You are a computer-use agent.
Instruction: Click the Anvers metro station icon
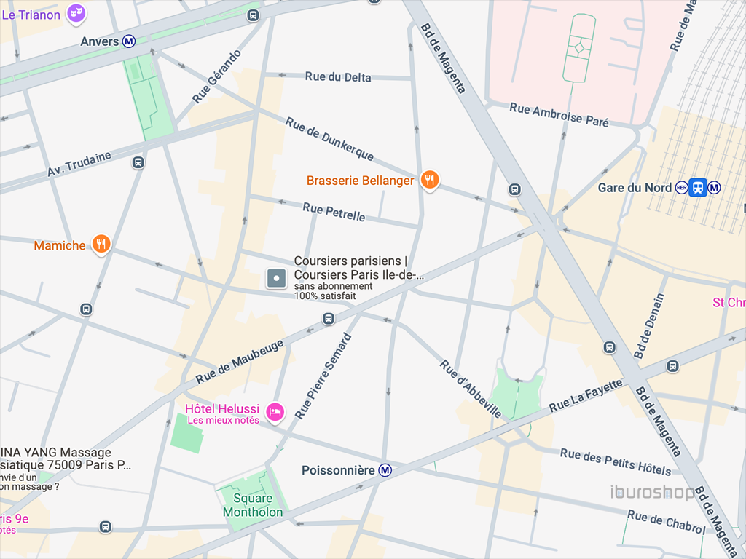point(129,41)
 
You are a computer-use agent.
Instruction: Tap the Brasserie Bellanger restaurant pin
point(431,179)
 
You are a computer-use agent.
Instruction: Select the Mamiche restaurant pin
point(101,245)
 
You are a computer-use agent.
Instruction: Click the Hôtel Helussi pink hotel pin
point(275,412)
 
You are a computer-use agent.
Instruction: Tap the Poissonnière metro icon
point(385,471)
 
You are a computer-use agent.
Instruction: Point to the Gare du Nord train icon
point(698,188)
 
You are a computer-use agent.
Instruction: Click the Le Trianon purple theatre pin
point(76,12)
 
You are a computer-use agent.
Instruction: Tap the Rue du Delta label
point(338,77)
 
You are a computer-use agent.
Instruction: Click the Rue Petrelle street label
point(334,212)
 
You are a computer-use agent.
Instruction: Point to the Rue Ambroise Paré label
point(559,115)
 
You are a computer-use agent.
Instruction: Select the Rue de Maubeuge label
point(239,362)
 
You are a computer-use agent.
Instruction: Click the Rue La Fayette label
point(586,395)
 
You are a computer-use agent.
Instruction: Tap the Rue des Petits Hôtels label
point(616,461)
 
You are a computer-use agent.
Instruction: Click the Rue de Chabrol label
point(666,522)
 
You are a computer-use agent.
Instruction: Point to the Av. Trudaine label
point(79,164)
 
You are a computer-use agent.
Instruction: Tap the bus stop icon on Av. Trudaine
point(138,162)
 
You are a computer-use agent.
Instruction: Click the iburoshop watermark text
point(652,493)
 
